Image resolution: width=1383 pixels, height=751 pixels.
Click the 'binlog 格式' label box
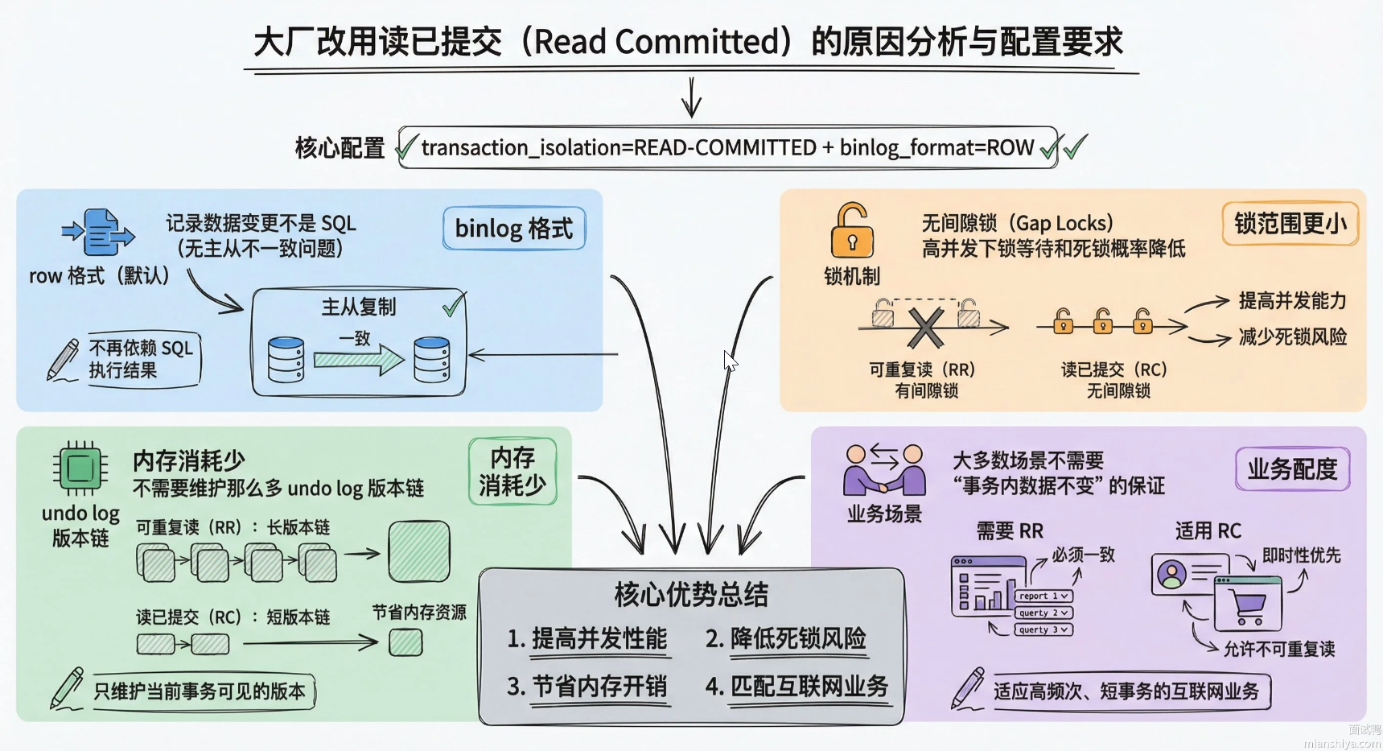click(514, 229)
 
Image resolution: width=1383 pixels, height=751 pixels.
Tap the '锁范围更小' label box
click(1290, 223)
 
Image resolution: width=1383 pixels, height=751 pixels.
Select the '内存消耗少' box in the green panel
click(512, 472)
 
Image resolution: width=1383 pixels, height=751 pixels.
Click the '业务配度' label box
click(1292, 469)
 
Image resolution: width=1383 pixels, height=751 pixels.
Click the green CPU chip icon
click(80, 468)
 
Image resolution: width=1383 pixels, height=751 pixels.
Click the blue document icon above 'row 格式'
click(99, 233)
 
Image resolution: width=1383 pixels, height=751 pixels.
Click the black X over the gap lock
click(926, 327)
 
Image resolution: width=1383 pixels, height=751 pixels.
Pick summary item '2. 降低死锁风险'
click(786, 639)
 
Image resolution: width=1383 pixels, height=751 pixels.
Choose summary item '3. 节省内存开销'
click(587, 687)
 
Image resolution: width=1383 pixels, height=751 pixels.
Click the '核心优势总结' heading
click(691, 594)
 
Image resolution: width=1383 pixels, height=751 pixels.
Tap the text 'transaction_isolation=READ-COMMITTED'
click(618, 148)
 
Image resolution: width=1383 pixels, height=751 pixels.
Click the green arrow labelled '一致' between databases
click(358, 358)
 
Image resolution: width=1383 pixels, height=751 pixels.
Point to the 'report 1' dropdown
click(1043, 596)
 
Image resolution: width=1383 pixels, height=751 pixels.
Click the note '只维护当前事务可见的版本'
click(200, 691)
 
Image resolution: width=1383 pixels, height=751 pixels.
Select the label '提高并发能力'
click(1292, 301)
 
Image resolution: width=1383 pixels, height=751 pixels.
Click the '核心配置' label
click(340, 148)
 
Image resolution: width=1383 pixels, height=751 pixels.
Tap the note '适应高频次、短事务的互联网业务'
click(1126, 691)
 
